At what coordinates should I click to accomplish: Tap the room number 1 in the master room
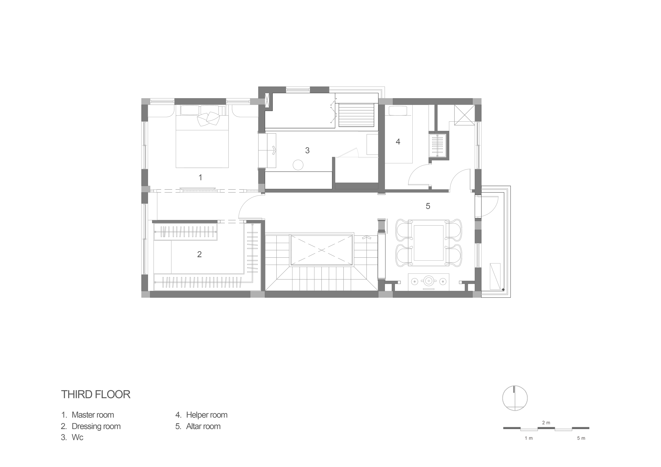(200, 177)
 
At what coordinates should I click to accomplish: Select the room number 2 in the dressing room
(199, 254)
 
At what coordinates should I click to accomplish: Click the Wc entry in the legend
(77, 437)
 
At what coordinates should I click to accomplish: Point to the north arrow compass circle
(515, 386)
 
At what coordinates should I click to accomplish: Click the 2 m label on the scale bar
(546, 423)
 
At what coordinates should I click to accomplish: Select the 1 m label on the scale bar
(529, 438)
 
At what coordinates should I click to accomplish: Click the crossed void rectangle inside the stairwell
(322, 250)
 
